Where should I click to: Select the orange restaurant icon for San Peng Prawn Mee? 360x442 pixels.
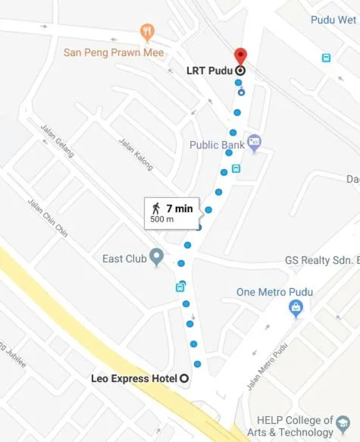[147, 32]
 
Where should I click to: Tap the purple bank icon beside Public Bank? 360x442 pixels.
[254, 141]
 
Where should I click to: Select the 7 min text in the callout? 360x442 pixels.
[179, 208]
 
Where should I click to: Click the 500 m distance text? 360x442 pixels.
[162, 219]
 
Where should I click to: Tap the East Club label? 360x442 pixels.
[124, 259]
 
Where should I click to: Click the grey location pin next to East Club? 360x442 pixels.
[157, 257]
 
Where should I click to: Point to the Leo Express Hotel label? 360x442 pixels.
[133, 378]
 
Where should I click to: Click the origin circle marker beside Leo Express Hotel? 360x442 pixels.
[183, 378]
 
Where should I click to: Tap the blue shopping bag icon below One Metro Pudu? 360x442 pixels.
[297, 309]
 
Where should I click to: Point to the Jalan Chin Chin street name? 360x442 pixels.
[47, 218]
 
